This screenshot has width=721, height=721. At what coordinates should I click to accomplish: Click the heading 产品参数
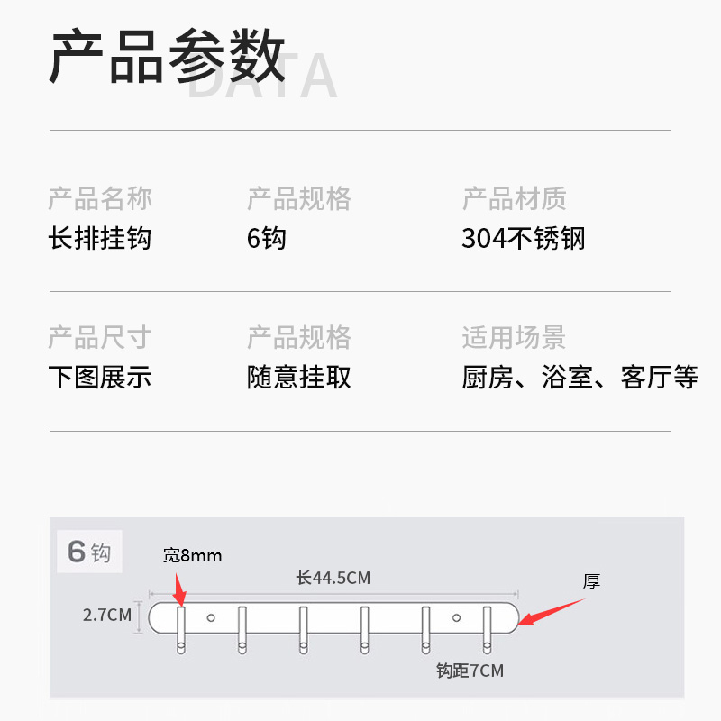click(168, 57)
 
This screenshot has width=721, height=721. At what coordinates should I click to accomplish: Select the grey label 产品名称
click(100, 198)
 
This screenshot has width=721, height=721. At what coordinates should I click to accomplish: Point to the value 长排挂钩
click(100, 238)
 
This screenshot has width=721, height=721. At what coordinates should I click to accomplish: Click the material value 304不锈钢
click(524, 238)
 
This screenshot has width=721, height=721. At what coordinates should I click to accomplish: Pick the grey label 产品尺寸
click(100, 338)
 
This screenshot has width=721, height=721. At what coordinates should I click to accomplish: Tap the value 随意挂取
click(299, 377)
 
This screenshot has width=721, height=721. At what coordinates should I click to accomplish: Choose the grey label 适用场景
click(514, 338)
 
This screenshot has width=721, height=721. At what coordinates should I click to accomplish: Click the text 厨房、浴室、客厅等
click(580, 377)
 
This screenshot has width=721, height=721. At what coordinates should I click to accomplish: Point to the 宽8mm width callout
click(192, 555)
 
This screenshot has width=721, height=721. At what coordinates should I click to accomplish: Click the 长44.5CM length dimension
click(333, 578)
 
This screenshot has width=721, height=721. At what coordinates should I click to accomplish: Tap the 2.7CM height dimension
click(107, 616)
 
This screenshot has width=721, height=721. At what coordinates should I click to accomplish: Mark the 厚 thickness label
click(591, 581)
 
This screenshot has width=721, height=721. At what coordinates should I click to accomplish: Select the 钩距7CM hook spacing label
click(470, 671)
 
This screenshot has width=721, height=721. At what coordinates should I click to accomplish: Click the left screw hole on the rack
click(212, 617)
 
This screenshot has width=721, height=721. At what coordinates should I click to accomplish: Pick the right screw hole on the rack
click(456, 617)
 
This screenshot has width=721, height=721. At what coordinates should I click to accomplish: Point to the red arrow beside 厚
click(551, 612)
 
